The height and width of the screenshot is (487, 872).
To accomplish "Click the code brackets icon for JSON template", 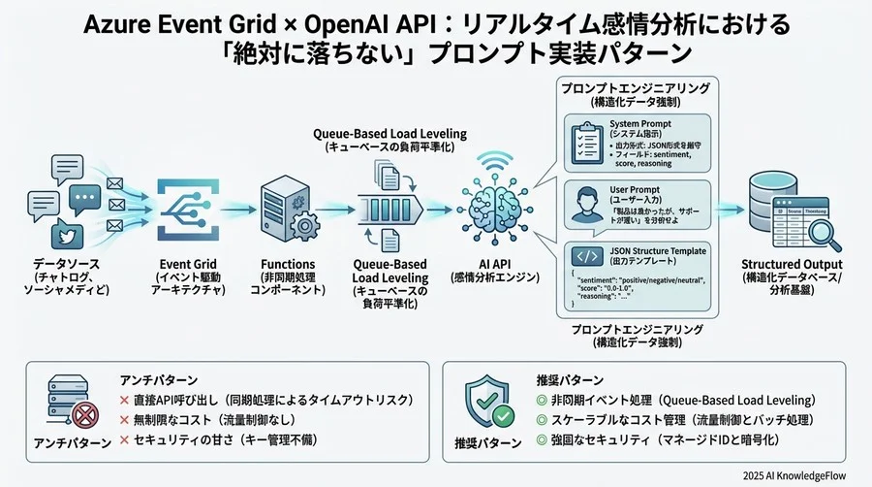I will [x=586, y=257].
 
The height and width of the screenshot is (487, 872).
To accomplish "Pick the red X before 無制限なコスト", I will [x=124, y=420].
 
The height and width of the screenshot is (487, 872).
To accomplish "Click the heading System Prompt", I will [x=643, y=124].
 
